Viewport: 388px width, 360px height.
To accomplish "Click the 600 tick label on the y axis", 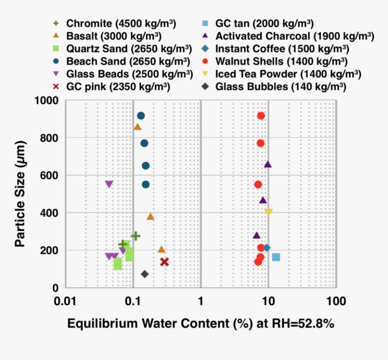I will click(50, 175).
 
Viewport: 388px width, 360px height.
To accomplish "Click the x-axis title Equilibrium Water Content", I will click(201, 323).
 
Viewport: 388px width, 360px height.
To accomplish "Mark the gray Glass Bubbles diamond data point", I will click(145, 274).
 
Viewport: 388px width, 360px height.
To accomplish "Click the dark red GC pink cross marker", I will click(164, 262).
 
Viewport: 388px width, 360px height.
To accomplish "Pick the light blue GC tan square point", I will click(276, 257).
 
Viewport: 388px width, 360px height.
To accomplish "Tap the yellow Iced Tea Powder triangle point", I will click(268, 212).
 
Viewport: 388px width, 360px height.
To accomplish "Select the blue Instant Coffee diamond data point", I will click(267, 248).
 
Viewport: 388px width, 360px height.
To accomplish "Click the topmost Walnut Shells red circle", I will click(260, 116).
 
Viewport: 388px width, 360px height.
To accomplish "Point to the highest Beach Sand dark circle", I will click(141, 116).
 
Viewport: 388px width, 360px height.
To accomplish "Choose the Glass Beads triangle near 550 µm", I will click(109, 184).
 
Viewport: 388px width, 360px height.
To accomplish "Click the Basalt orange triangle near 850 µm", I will click(138, 127).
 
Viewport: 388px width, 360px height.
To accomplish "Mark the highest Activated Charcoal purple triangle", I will click(268, 165).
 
